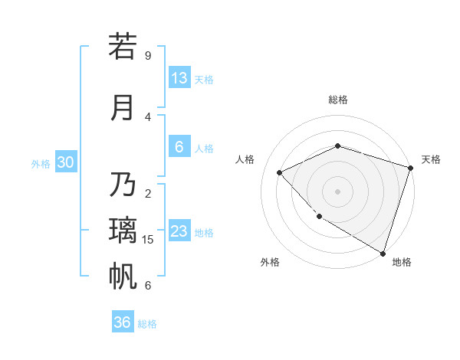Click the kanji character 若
point(123,47)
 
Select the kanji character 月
point(123,107)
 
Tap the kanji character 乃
point(123,185)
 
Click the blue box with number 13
point(179,78)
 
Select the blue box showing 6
point(179,147)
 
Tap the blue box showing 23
point(179,231)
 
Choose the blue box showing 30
point(65,162)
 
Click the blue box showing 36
point(123,322)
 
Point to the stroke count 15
point(149,240)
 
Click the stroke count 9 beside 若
point(148,56)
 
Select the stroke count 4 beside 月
point(148,117)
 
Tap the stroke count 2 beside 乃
point(148,194)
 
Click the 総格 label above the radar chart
point(338,100)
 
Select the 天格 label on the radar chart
point(431,159)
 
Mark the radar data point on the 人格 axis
point(280,172)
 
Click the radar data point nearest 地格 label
point(383,252)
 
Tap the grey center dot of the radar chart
point(337,191)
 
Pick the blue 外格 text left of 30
point(41,163)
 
